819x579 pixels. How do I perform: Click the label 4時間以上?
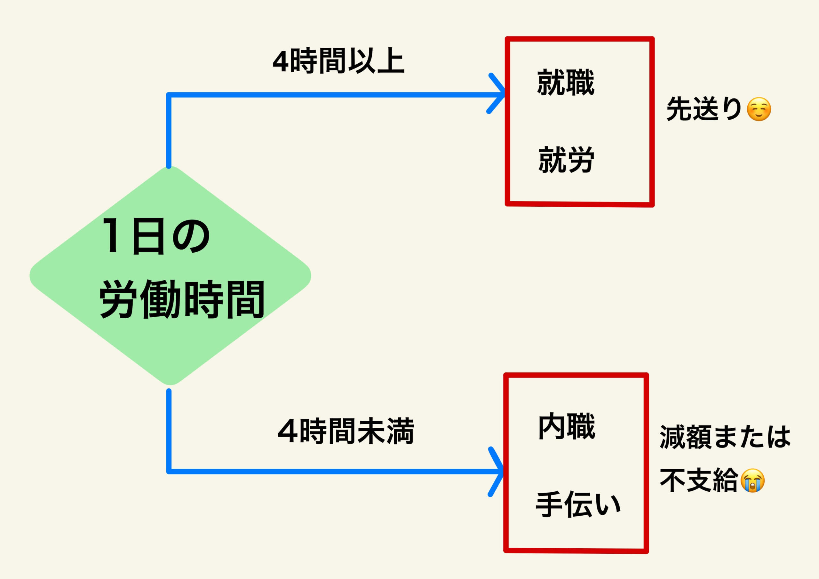(x=338, y=61)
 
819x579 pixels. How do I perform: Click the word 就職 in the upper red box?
(x=566, y=83)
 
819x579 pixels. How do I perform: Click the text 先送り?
(x=704, y=109)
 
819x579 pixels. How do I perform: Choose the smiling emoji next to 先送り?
(x=759, y=109)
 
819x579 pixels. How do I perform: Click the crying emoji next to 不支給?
(x=753, y=480)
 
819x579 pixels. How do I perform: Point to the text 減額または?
(x=725, y=437)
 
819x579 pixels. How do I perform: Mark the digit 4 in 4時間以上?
(x=280, y=62)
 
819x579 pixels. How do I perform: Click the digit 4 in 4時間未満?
(x=288, y=432)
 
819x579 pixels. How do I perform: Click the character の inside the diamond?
(x=191, y=236)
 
